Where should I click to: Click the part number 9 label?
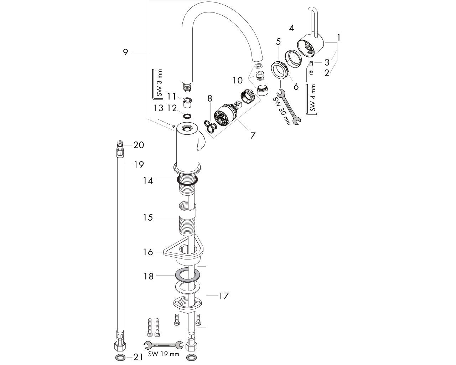coord(125,52)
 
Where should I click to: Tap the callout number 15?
coord(148,217)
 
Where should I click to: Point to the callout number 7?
coord(253,135)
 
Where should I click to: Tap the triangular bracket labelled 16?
coord(182,248)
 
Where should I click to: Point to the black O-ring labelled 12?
coord(186,116)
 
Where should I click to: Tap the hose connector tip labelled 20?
coord(120,145)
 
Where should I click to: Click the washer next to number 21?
coord(120,357)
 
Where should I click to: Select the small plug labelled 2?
coord(311,73)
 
